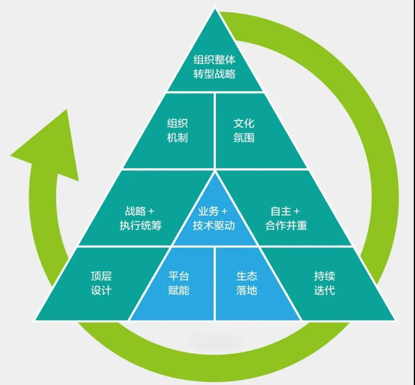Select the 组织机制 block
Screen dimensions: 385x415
coord(177,131)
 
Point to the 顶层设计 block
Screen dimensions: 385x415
coord(101,283)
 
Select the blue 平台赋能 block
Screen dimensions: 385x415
coord(179,283)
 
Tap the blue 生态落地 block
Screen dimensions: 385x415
coord(247,283)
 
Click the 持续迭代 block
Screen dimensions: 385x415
coord(324,283)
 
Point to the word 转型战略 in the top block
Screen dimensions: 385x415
coord(215,74)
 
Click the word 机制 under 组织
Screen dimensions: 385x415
coord(177,138)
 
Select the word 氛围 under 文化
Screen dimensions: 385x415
coord(244,138)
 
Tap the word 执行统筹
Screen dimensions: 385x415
coord(141,226)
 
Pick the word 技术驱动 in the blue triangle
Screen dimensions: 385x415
coord(214,226)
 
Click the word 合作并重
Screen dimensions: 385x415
coord(286,226)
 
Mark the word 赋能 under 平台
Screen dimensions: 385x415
coord(179,291)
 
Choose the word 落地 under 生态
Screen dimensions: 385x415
coord(247,291)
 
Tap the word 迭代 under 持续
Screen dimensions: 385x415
coord(324,291)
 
